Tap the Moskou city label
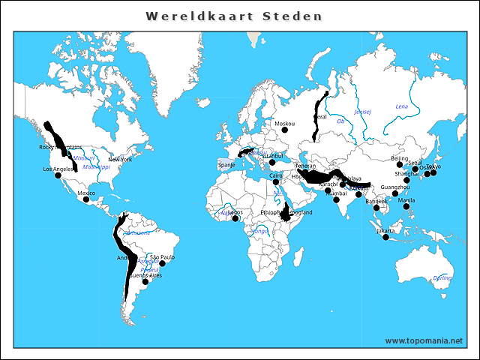tap(285, 124)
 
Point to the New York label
tap(120, 160)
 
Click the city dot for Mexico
tap(86, 199)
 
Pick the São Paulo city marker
tap(162, 264)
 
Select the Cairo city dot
tap(275, 181)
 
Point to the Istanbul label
tap(272, 156)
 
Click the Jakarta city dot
tap(385, 237)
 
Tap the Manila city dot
tap(406, 206)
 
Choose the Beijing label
tap(400, 158)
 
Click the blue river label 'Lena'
tap(402, 106)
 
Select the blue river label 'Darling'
tap(442, 278)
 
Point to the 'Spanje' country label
tap(226, 164)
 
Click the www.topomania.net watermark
tap(424, 340)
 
